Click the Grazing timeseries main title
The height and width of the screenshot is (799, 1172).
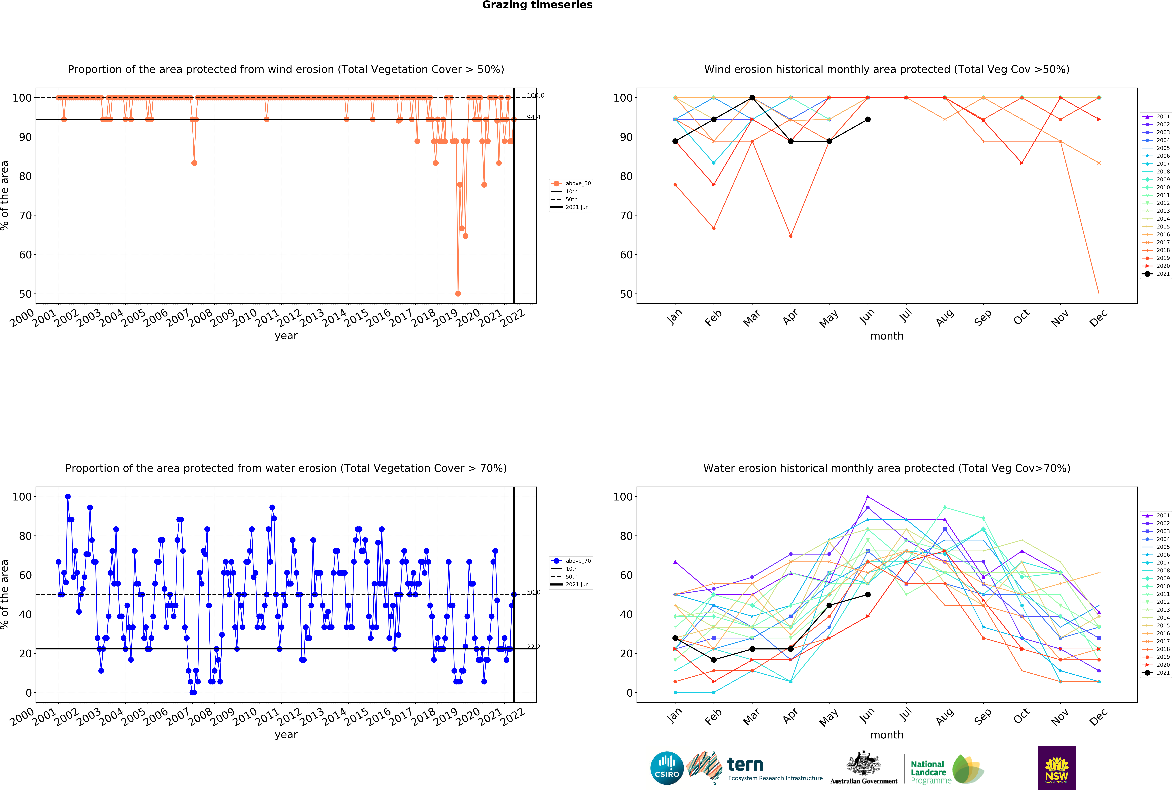[537, 5]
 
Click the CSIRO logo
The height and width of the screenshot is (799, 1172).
[667, 768]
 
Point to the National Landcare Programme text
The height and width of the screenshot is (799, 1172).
[930, 772]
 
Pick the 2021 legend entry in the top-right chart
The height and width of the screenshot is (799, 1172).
[1156, 274]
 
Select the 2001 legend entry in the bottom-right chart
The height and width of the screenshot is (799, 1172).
[1156, 515]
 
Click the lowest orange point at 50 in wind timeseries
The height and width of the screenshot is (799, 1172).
[458, 294]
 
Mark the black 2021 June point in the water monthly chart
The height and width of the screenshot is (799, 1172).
[867, 595]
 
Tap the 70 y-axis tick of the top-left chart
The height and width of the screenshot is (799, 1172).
[25, 215]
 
